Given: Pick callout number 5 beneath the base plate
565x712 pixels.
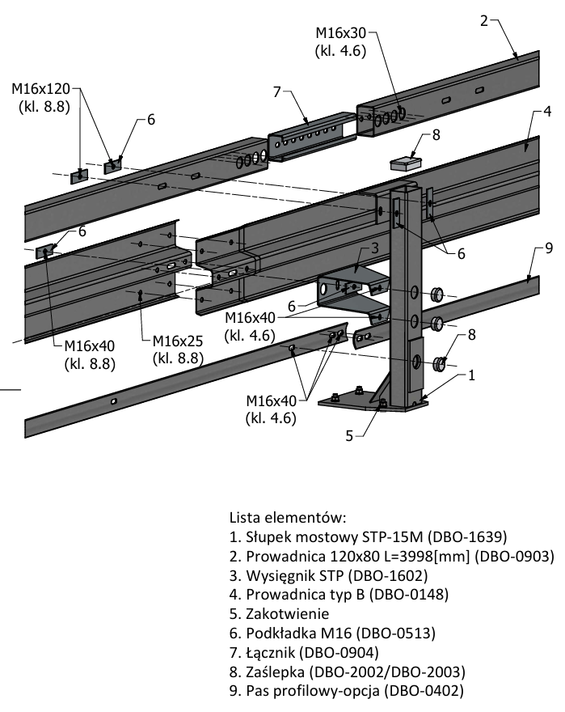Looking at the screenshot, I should point(350,435).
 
